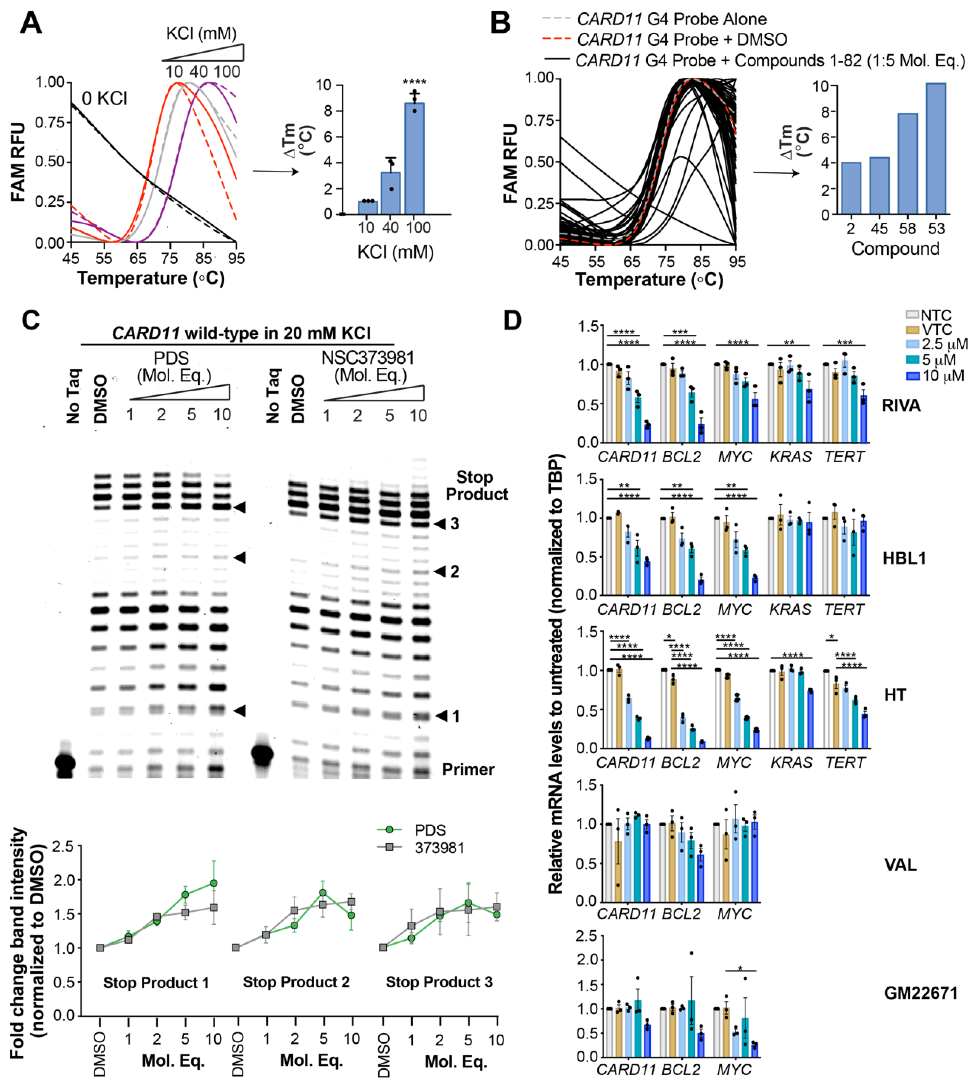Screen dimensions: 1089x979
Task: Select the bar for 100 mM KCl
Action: (x=414, y=159)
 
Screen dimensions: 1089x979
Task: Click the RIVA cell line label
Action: (x=901, y=405)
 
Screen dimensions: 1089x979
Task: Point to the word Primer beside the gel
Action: (x=468, y=770)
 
